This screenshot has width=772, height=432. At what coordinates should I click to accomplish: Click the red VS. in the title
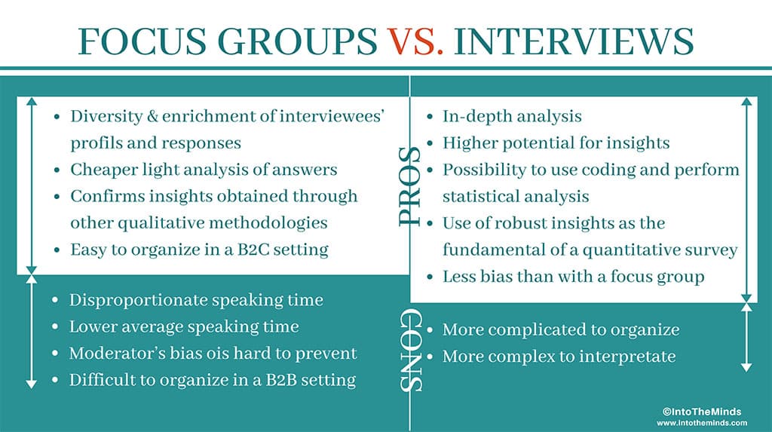(415, 41)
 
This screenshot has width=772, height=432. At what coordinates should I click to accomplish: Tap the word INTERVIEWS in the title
(574, 41)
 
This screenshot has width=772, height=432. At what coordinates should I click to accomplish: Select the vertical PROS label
(409, 187)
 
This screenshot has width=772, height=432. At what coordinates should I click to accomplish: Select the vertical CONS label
(410, 351)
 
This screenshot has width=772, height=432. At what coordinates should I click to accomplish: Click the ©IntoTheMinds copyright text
(702, 412)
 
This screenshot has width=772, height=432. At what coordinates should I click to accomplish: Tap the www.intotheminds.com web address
(702, 423)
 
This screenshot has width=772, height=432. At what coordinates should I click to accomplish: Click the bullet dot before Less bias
(430, 277)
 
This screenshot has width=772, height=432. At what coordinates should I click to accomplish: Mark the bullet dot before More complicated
(430, 330)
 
